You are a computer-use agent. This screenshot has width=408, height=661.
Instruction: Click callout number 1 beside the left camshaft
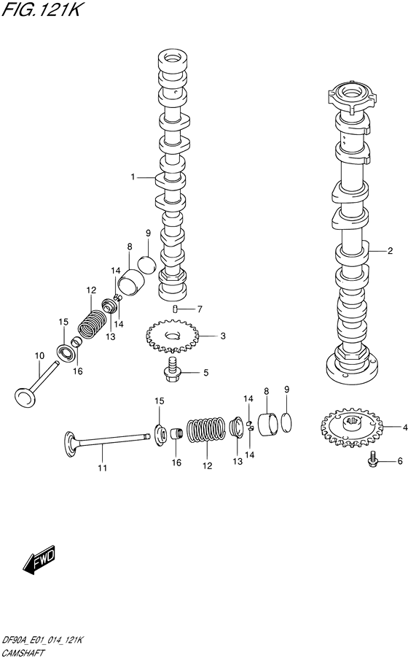click(x=133, y=177)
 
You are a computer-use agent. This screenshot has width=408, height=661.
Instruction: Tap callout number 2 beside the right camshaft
click(x=391, y=251)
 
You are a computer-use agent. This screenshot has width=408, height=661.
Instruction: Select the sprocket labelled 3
click(x=172, y=336)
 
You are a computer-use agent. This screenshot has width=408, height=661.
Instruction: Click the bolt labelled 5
click(x=171, y=369)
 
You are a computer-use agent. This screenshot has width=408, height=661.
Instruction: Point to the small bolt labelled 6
click(x=372, y=459)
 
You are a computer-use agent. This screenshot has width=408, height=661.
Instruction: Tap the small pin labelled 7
click(x=175, y=309)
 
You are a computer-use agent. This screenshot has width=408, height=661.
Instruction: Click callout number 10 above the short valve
click(x=39, y=356)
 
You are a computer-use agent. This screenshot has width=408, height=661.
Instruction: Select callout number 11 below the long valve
click(x=102, y=468)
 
